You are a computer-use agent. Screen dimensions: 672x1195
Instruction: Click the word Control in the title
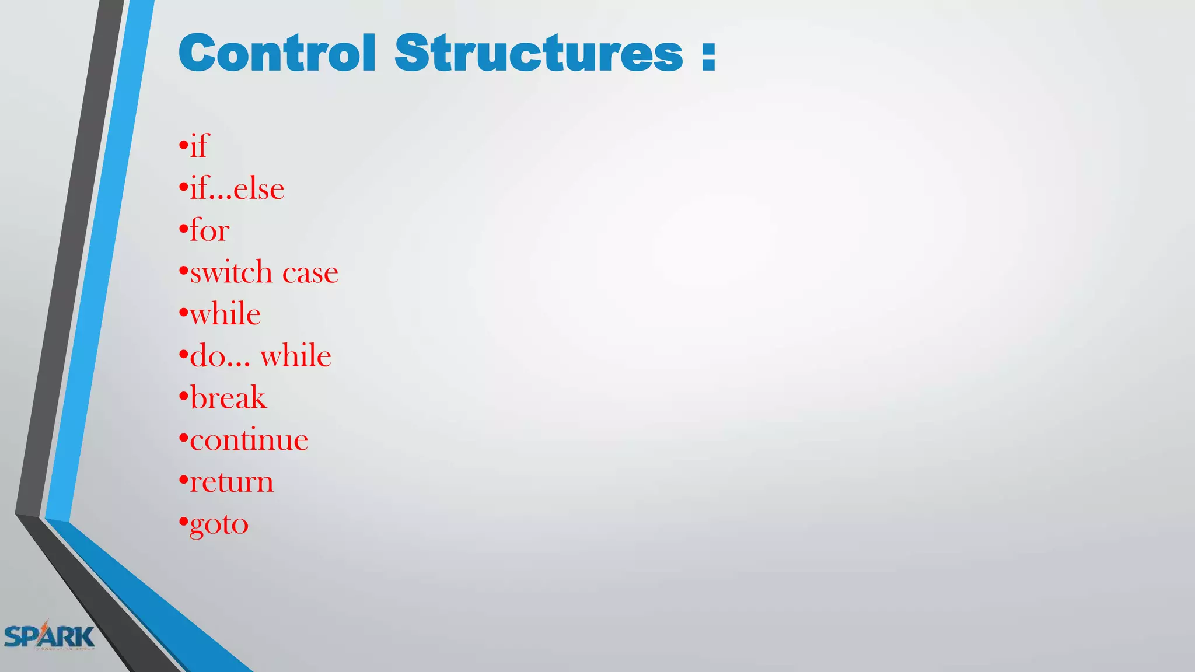tap(277, 53)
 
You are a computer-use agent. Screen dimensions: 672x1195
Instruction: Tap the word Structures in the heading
tap(539, 53)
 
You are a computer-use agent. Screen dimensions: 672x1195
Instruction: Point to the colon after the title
tap(708, 55)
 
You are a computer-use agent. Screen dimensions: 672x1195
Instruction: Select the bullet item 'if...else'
tap(237, 189)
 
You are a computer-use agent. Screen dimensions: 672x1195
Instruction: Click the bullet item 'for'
tap(209, 230)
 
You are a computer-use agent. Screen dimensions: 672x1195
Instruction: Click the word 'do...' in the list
tap(220, 356)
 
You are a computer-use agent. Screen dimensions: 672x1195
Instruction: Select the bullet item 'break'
tap(228, 398)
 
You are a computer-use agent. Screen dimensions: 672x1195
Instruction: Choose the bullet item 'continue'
tap(249, 440)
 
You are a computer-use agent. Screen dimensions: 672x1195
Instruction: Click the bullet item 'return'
tap(232, 482)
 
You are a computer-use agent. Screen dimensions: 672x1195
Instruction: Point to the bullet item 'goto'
tap(219, 524)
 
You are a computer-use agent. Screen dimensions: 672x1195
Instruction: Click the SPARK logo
tap(49, 635)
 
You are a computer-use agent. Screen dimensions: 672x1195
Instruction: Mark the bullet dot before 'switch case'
tap(183, 269)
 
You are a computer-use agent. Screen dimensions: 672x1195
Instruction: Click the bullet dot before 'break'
tap(183, 395)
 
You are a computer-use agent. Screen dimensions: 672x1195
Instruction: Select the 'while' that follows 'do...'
tap(296, 356)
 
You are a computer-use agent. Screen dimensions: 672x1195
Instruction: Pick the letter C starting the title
tap(197, 53)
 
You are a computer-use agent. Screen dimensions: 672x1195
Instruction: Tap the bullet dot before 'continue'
tap(183, 437)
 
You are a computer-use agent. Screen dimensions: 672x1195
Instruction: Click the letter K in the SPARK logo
tap(85, 636)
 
